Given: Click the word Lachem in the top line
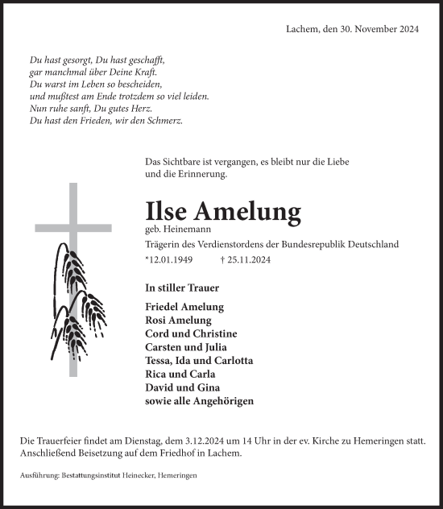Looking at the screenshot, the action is [304, 29].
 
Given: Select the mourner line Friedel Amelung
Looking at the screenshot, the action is [184, 307].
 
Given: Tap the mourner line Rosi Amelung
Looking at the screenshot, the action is [179, 321].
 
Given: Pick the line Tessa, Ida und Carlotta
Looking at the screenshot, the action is [199, 360].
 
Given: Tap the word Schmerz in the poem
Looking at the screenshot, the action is [164, 121].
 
